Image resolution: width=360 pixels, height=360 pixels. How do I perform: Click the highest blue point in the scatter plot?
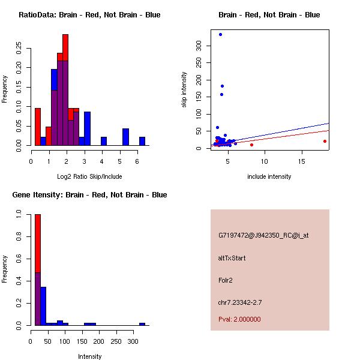220,34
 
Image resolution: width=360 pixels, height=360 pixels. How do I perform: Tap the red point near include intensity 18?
325,141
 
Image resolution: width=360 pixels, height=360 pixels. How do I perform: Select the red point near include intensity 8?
251,145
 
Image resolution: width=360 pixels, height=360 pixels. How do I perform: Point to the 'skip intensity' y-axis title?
184,90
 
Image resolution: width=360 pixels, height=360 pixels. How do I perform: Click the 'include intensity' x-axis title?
269,176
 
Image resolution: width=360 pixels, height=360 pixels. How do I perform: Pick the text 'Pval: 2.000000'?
239,319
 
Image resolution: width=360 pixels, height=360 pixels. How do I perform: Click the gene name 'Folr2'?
226,280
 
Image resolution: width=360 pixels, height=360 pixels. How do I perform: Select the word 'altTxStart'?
232,258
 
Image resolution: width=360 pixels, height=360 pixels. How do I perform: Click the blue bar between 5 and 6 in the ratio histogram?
125,137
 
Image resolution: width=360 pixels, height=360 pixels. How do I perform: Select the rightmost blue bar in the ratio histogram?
142,141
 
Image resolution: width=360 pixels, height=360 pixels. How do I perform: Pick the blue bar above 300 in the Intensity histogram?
142,324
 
